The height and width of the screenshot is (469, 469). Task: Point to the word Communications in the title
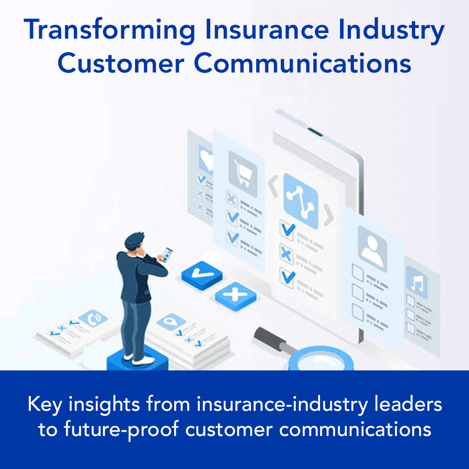(303, 64)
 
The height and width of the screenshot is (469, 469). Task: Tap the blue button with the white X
(235, 296)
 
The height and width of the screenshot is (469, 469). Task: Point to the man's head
(134, 242)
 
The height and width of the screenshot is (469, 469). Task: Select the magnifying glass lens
(321, 360)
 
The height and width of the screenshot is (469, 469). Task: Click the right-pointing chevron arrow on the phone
(329, 215)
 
